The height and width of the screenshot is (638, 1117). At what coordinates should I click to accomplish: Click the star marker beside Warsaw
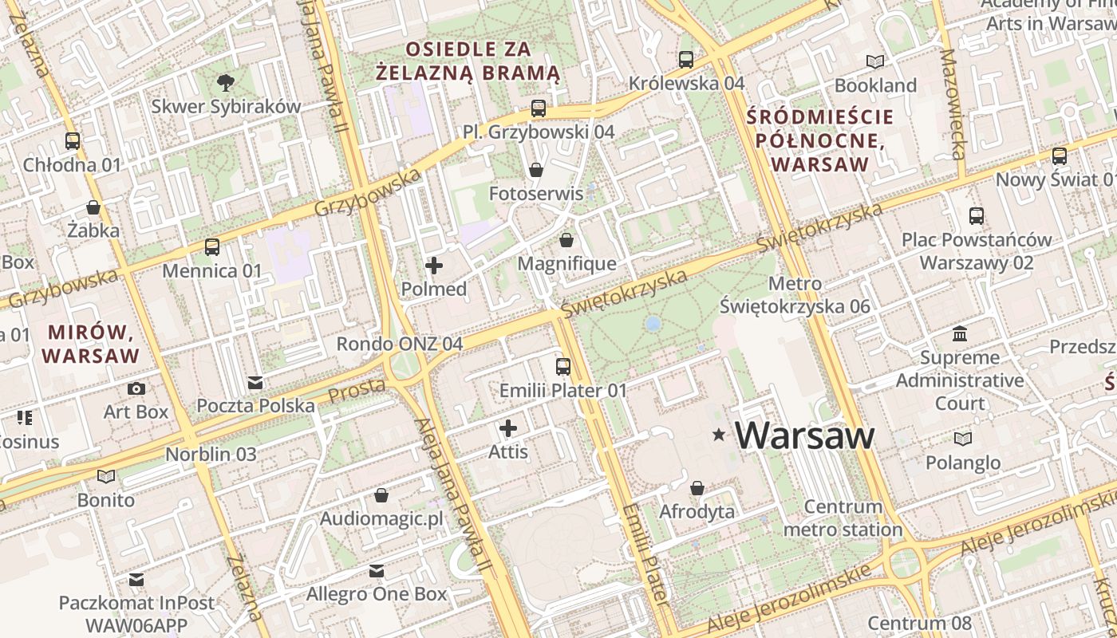point(719,435)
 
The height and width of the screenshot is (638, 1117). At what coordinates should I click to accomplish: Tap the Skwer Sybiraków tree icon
point(226,81)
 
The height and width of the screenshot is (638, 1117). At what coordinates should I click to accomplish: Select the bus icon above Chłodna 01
point(73,141)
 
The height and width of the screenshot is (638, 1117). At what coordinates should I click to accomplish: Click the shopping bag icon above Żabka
point(93,207)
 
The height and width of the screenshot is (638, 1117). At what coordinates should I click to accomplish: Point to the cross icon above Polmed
point(434,265)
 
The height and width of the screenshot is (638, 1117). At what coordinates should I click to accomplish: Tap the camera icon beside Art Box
point(136,388)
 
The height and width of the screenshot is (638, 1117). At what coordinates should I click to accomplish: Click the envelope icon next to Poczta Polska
point(255,383)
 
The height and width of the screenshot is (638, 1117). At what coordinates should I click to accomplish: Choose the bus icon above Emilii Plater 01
point(563,367)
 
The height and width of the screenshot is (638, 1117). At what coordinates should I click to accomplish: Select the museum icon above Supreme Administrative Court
point(960,333)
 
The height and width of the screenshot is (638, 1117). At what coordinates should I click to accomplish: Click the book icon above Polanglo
point(963,439)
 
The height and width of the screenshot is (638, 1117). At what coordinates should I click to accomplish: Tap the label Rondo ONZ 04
point(399,344)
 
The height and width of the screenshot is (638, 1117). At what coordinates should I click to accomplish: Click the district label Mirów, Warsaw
point(92,343)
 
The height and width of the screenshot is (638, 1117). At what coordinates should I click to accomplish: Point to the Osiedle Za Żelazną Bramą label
point(468,61)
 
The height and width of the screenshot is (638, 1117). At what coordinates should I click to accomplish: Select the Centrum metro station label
point(843,518)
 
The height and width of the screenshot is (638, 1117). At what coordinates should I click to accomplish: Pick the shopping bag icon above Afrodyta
point(697,487)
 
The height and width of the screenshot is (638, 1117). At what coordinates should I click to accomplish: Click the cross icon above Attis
point(508,428)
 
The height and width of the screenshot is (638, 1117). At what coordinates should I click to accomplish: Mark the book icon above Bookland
point(875,61)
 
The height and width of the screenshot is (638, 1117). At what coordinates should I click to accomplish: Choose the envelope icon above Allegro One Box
point(377,571)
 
